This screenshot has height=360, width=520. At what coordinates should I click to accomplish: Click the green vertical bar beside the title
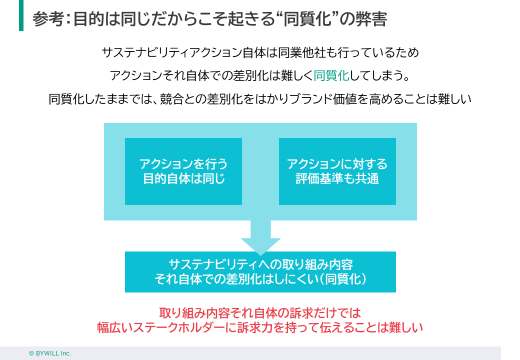(21, 15)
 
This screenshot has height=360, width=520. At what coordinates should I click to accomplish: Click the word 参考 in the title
(48, 19)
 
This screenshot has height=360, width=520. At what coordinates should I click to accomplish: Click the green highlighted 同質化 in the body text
(331, 75)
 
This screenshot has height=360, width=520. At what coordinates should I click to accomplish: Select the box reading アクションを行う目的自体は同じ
(183, 171)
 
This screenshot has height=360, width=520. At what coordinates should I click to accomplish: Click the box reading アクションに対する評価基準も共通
(337, 171)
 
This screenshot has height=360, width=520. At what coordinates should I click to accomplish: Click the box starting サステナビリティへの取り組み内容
(260, 271)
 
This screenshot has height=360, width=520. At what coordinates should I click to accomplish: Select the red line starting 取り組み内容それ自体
(260, 313)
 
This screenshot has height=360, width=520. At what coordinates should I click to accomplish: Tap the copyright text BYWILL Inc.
(50, 353)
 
